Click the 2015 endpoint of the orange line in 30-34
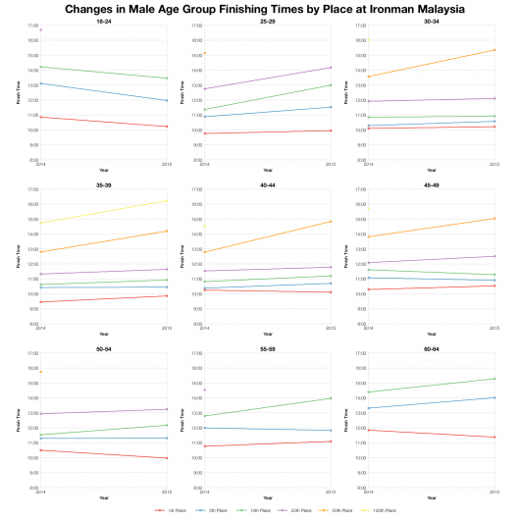(x=494, y=49)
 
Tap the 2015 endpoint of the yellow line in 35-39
(x=167, y=200)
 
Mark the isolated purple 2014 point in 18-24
(x=41, y=30)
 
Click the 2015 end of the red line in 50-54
(x=167, y=458)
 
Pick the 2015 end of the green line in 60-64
(x=494, y=379)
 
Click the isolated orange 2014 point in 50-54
(x=41, y=371)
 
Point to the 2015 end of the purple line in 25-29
(x=331, y=68)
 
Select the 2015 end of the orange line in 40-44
(x=331, y=221)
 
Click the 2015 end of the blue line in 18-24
(x=167, y=100)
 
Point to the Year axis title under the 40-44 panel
(x=267, y=335)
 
